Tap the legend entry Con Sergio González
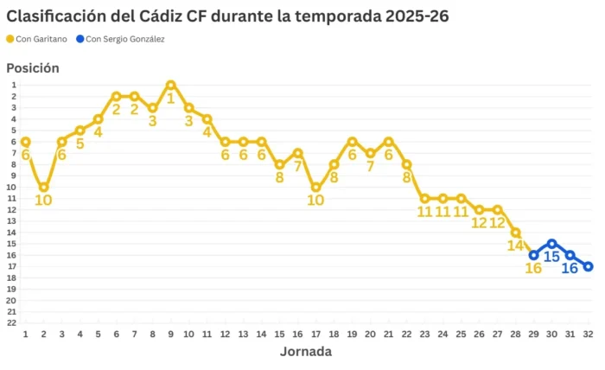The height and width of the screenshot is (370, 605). [120, 39]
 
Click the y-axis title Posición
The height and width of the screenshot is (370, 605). [33, 67]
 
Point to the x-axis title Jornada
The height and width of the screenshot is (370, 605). [305, 352]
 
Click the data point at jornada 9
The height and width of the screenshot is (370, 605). [171, 85]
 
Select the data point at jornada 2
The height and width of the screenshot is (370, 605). [43, 187]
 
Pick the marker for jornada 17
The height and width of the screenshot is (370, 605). [316, 187]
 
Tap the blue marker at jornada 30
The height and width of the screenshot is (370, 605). [551, 244]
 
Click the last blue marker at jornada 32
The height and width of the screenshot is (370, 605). [589, 266]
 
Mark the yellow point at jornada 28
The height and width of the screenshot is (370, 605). [515, 233]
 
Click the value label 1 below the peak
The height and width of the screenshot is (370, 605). [171, 99]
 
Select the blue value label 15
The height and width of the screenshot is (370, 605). [551, 258]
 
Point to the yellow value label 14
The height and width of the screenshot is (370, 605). [515, 246]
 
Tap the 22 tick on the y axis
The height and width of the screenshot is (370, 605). [13, 322]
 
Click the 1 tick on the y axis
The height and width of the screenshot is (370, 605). [13, 85]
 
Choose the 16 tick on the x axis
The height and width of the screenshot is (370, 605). [297, 335]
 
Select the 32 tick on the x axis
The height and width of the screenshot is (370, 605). [589, 335]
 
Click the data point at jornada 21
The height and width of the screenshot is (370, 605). [389, 142]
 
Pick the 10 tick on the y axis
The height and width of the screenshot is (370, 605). [13, 187]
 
